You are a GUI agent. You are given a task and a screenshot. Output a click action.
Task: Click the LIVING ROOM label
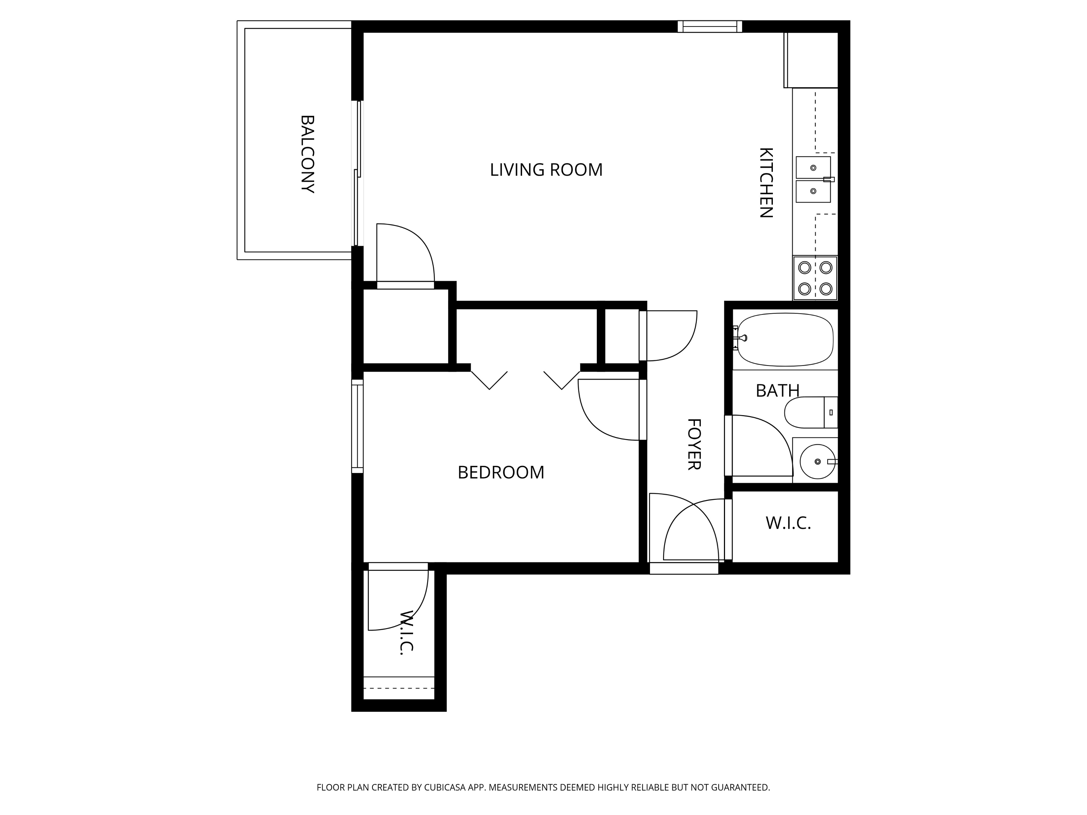pyautogui.click(x=546, y=170)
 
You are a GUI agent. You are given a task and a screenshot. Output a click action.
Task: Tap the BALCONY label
pyautogui.click(x=307, y=154)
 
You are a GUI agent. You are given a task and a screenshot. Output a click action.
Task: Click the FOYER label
pyautogui.click(x=694, y=444)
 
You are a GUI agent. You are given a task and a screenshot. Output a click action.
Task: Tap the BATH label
pyautogui.click(x=778, y=390)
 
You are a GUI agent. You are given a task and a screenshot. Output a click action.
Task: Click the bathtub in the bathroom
pyautogui.click(x=785, y=339)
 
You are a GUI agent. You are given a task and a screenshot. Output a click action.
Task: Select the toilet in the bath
pyautogui.click(x=811, y=412)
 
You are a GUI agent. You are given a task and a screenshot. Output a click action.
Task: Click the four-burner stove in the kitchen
pyautogui.click(x=815, y=277)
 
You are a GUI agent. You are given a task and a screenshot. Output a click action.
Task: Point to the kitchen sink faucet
pyautogui.click(x=829, y=179)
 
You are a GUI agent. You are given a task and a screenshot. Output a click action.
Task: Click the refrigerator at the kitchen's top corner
pyautogui.click(x=811, y=60)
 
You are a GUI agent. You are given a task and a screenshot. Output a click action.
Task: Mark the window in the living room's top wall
pyautogui.click(x=709, y=26)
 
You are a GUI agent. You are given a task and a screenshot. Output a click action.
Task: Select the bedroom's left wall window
pyautogui.click(x=357, y=426)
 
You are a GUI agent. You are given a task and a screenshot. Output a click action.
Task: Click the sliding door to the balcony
pyautogui.click(x=358, y=173)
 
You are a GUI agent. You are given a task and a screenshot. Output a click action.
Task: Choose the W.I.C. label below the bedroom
pyautogui.click(x=405, y=633)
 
